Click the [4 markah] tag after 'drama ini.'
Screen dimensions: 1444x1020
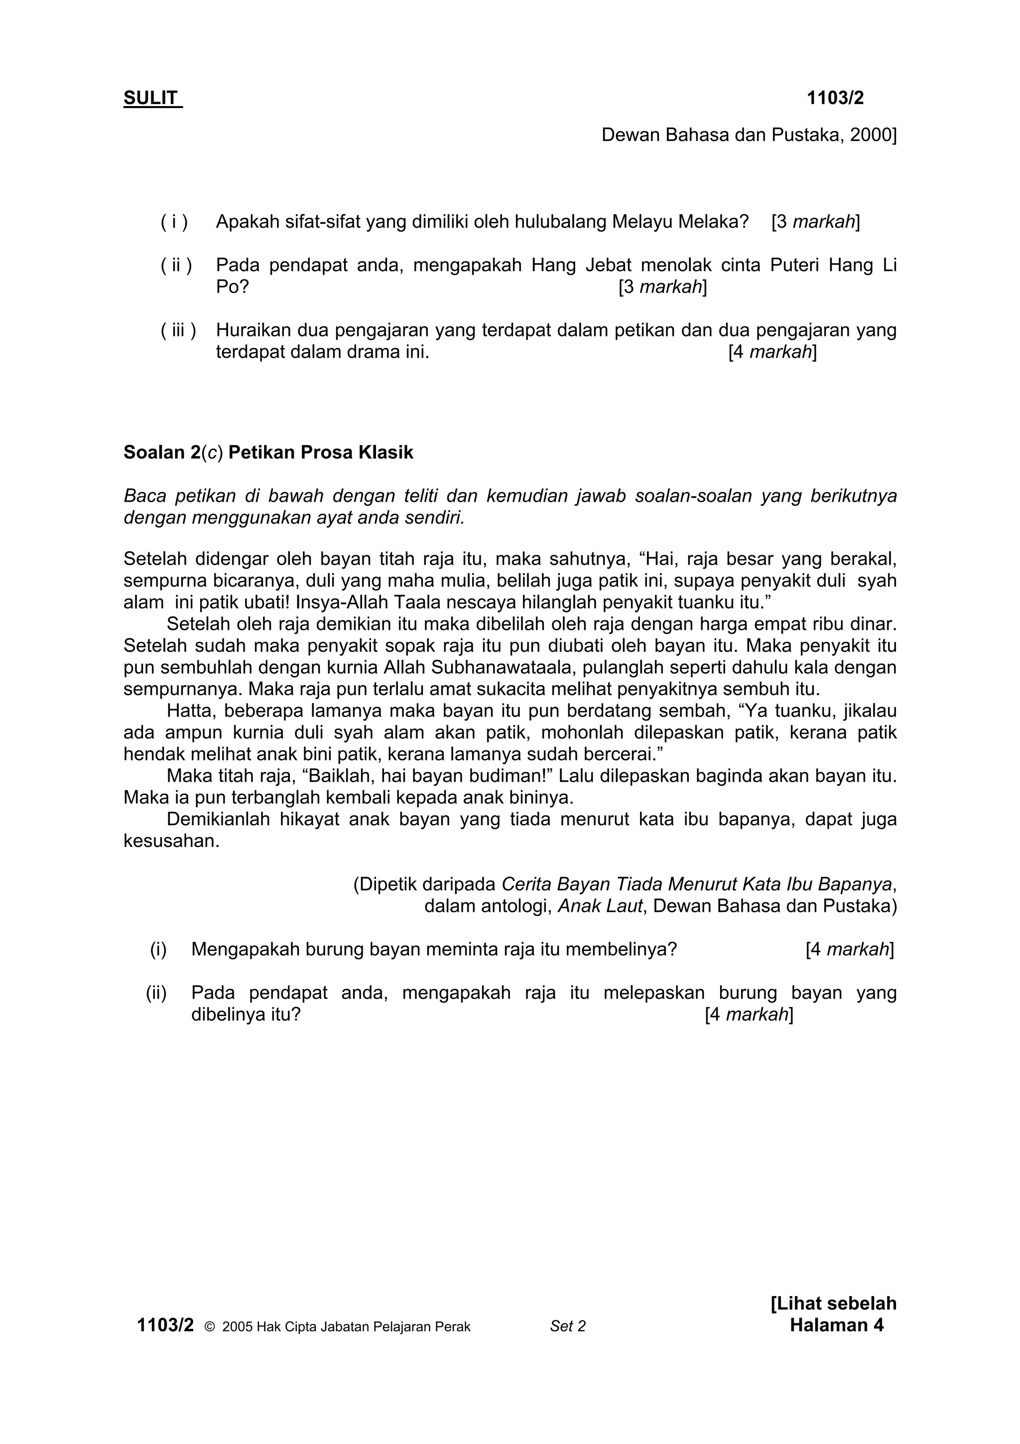pyautogui.click(x=772, y=352)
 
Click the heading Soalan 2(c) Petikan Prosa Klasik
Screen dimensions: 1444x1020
pyautogui.click(x=268, y=452)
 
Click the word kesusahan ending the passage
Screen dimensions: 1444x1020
pyautogui.click(x=171, y=841)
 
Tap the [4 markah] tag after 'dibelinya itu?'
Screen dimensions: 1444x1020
pyautogui.click(x=749, y=1014)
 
